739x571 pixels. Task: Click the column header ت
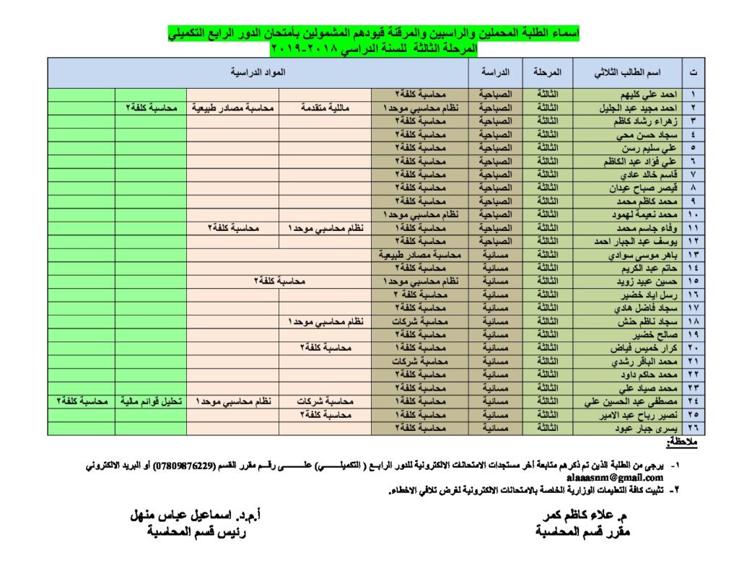(x=694, y=74)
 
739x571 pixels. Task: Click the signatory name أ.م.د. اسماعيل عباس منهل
(x=196, y=516)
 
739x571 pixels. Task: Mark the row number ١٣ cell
(x=694, y=256)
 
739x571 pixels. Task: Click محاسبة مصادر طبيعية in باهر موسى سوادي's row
(x=421, y=256)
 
